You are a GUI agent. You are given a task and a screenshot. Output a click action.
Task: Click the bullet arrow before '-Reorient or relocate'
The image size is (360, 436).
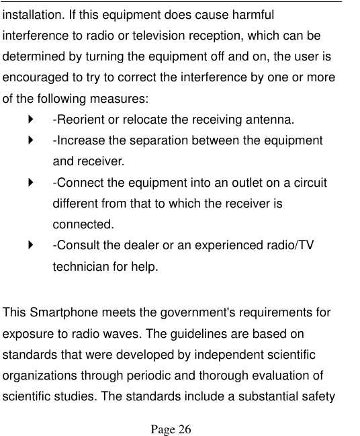[x=30, y=120]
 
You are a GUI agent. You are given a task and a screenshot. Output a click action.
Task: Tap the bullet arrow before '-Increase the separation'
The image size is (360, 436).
[x=30, y=140]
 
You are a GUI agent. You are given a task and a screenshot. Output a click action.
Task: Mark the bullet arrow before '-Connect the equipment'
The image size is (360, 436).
[x=30, y=182]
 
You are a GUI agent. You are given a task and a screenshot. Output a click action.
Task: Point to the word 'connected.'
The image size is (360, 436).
[x=83, y=224]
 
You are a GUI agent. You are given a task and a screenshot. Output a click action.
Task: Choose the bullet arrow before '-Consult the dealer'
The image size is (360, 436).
[x=30, y=245]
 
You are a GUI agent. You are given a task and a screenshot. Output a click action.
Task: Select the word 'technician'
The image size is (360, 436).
[x=82, y=266]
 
